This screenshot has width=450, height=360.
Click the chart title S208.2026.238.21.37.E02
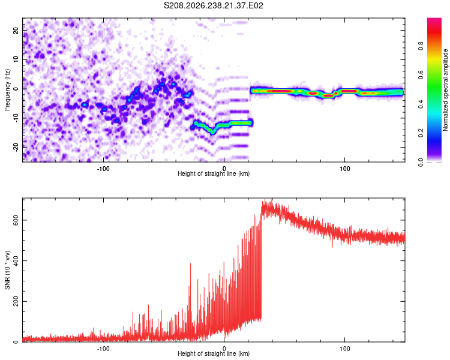point(213,5)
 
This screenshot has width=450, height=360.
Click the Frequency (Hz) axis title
point(7,90)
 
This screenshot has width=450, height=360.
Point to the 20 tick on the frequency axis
point(16,31)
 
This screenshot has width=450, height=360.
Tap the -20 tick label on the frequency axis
point(16,148)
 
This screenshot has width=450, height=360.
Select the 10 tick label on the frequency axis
point(16,59)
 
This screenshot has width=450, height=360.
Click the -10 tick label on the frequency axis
point(16,118)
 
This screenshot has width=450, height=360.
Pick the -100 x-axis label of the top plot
point(103,169)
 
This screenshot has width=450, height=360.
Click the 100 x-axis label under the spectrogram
point(344,169)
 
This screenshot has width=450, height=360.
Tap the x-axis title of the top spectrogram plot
point(214,173)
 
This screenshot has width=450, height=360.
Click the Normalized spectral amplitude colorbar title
point(445,90)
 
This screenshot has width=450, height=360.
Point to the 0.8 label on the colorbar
point(421,46)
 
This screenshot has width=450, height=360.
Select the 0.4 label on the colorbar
point(421,104)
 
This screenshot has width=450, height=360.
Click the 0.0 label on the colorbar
point(421,162)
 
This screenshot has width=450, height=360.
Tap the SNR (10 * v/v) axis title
point(7,270)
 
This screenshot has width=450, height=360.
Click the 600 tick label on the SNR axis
point(16,220)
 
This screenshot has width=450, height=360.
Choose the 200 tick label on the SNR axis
point(16,301)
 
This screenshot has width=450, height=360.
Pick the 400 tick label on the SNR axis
point(16,260)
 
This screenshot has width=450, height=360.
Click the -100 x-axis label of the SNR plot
point(103,349)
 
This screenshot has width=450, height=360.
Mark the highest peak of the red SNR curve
point(271,199)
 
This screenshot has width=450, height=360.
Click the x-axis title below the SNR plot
point(214,353)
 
